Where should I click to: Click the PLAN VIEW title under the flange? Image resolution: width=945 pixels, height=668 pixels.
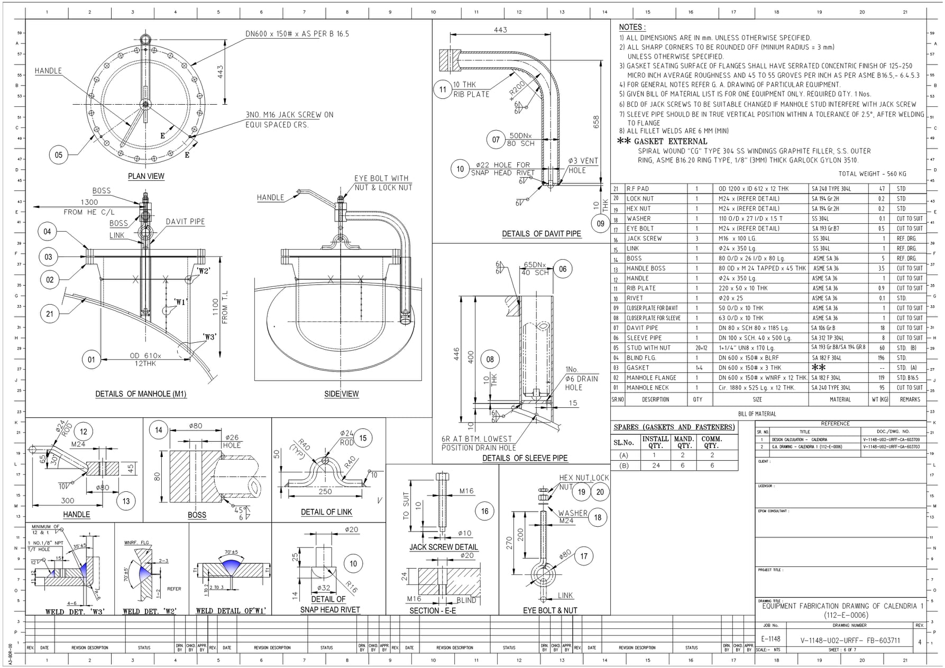[146, 176]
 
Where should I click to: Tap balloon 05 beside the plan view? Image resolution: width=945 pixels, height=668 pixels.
[59, 155]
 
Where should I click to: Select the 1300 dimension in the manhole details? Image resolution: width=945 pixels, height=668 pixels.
[89, 202]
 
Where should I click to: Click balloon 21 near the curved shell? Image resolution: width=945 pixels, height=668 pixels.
[50, 314]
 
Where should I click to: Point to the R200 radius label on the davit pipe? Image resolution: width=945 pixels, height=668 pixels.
[517, 88]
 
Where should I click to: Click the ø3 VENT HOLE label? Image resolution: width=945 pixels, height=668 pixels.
[583, 165]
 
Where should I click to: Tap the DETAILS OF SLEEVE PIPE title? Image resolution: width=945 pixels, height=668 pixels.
[525, 458]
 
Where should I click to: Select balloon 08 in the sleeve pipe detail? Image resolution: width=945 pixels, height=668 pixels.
[490, 360]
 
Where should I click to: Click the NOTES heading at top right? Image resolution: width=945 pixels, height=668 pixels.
[632, 27]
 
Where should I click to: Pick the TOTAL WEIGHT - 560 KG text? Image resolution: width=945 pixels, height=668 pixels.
[872, 173]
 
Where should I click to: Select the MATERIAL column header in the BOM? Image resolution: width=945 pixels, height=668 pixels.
[840, 399]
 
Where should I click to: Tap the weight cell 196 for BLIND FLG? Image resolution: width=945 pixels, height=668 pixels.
[881, 358]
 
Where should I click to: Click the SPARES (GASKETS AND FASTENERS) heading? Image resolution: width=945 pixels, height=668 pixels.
[674, 427]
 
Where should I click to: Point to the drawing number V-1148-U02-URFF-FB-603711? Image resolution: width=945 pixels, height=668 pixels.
[850, 640]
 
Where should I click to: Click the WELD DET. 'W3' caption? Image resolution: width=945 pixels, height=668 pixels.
[75, 611]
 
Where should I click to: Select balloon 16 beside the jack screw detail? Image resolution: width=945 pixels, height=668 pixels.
[485, 511]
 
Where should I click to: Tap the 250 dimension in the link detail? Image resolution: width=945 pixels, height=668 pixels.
[325, 491]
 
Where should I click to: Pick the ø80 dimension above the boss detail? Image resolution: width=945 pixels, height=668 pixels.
[196, 426]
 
